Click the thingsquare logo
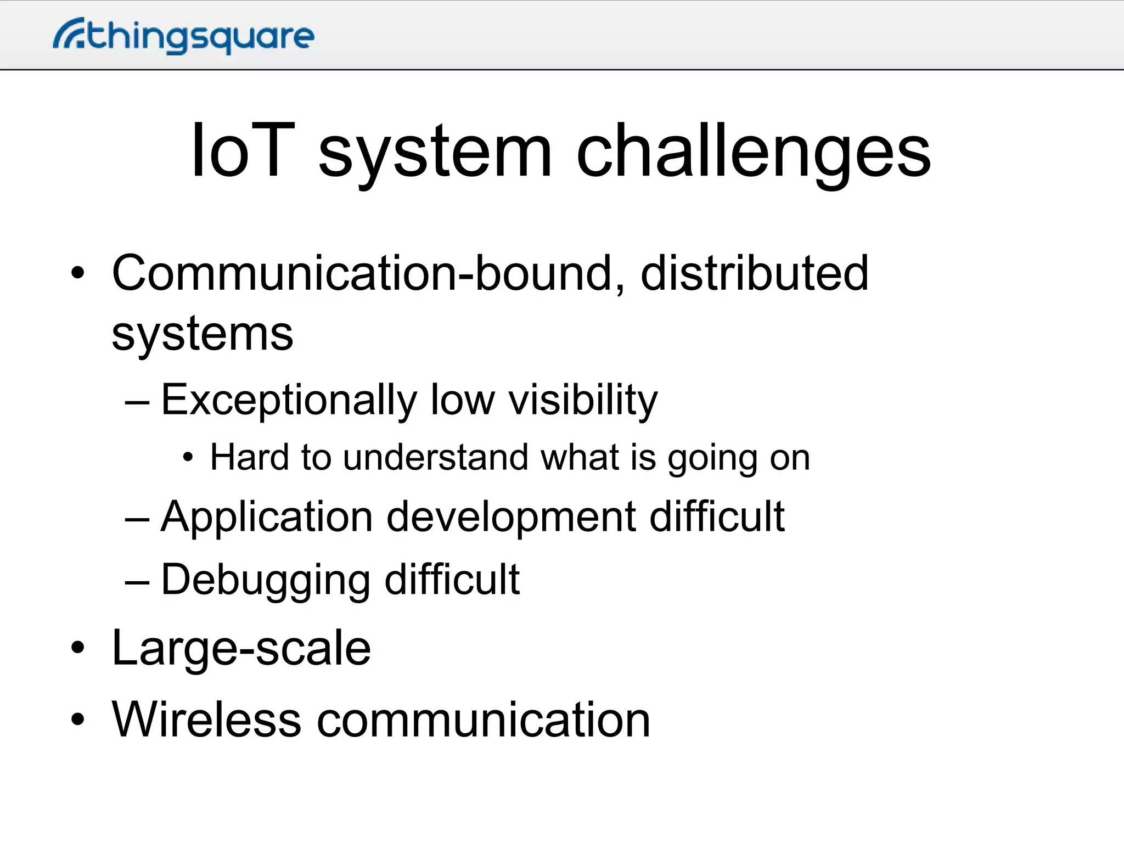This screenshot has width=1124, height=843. pos(184,36)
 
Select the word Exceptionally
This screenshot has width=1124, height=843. pos(289,400)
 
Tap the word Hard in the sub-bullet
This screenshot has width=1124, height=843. pos(249,457)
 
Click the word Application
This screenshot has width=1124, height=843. pos(267,517)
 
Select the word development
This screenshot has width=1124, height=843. pos(511,517)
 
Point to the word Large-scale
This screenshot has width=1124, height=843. pos(241,648)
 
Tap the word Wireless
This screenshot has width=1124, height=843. pos(206,720)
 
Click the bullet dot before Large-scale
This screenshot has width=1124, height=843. pos(78,648)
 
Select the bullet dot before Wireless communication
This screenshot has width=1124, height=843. pos(78,720)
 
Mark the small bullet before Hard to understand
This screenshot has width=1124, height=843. pos(188,458)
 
